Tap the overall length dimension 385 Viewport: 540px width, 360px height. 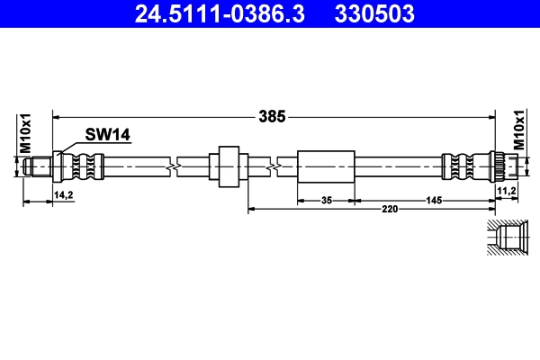(272, 115)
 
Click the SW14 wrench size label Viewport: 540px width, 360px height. (108, 135)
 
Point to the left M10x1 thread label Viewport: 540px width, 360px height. (26, 133)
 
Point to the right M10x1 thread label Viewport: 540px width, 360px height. (519, 133)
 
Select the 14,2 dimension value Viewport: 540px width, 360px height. (63, 193)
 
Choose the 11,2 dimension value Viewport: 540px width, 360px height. (506, 191)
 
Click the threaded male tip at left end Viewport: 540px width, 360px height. (38, 166)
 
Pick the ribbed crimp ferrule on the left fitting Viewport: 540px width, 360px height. (87, 166)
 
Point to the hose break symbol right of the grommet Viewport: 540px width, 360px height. (273, 166)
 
